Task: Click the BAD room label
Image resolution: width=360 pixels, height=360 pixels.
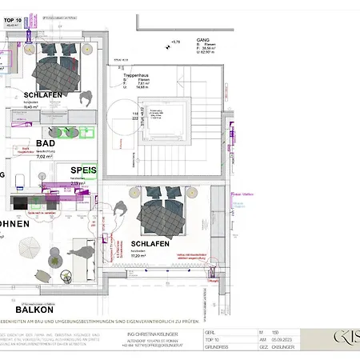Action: [45, 143]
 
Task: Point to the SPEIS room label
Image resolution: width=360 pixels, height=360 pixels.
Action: [83, 170]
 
